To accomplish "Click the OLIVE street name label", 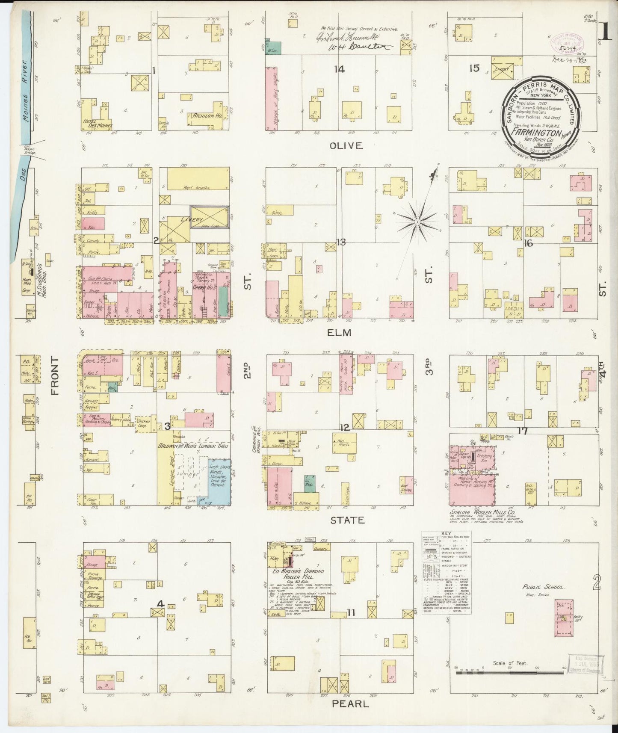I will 346,145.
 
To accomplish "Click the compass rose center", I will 417,222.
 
